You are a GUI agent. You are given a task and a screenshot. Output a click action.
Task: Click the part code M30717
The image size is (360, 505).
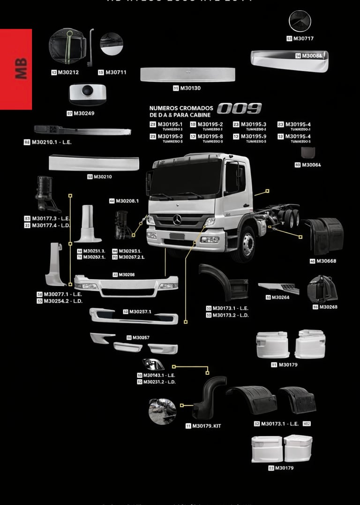303,38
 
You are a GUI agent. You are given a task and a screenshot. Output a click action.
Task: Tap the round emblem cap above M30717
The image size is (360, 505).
300,21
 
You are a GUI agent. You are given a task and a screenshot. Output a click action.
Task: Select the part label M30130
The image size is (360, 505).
190,88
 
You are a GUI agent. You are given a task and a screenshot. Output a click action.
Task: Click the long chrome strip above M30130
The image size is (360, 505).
187,74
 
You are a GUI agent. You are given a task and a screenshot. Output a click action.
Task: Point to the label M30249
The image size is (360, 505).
84,113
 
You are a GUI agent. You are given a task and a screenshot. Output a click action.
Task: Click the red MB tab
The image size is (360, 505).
16,69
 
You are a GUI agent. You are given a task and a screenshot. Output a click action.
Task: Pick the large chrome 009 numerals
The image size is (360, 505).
239,109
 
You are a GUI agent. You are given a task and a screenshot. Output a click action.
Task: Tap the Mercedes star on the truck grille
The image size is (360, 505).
177,219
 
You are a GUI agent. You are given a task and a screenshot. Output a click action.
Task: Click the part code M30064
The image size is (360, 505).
311,165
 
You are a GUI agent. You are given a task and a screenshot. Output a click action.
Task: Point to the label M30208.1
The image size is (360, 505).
127,201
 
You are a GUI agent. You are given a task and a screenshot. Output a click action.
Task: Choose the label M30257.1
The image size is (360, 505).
140,312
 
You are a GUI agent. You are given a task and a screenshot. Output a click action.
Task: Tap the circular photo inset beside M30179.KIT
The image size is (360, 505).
162,412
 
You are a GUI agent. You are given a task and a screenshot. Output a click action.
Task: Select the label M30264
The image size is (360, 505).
280,297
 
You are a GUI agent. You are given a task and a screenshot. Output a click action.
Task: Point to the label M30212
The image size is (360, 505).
68,72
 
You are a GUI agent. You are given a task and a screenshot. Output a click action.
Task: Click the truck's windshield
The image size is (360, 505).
186,178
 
